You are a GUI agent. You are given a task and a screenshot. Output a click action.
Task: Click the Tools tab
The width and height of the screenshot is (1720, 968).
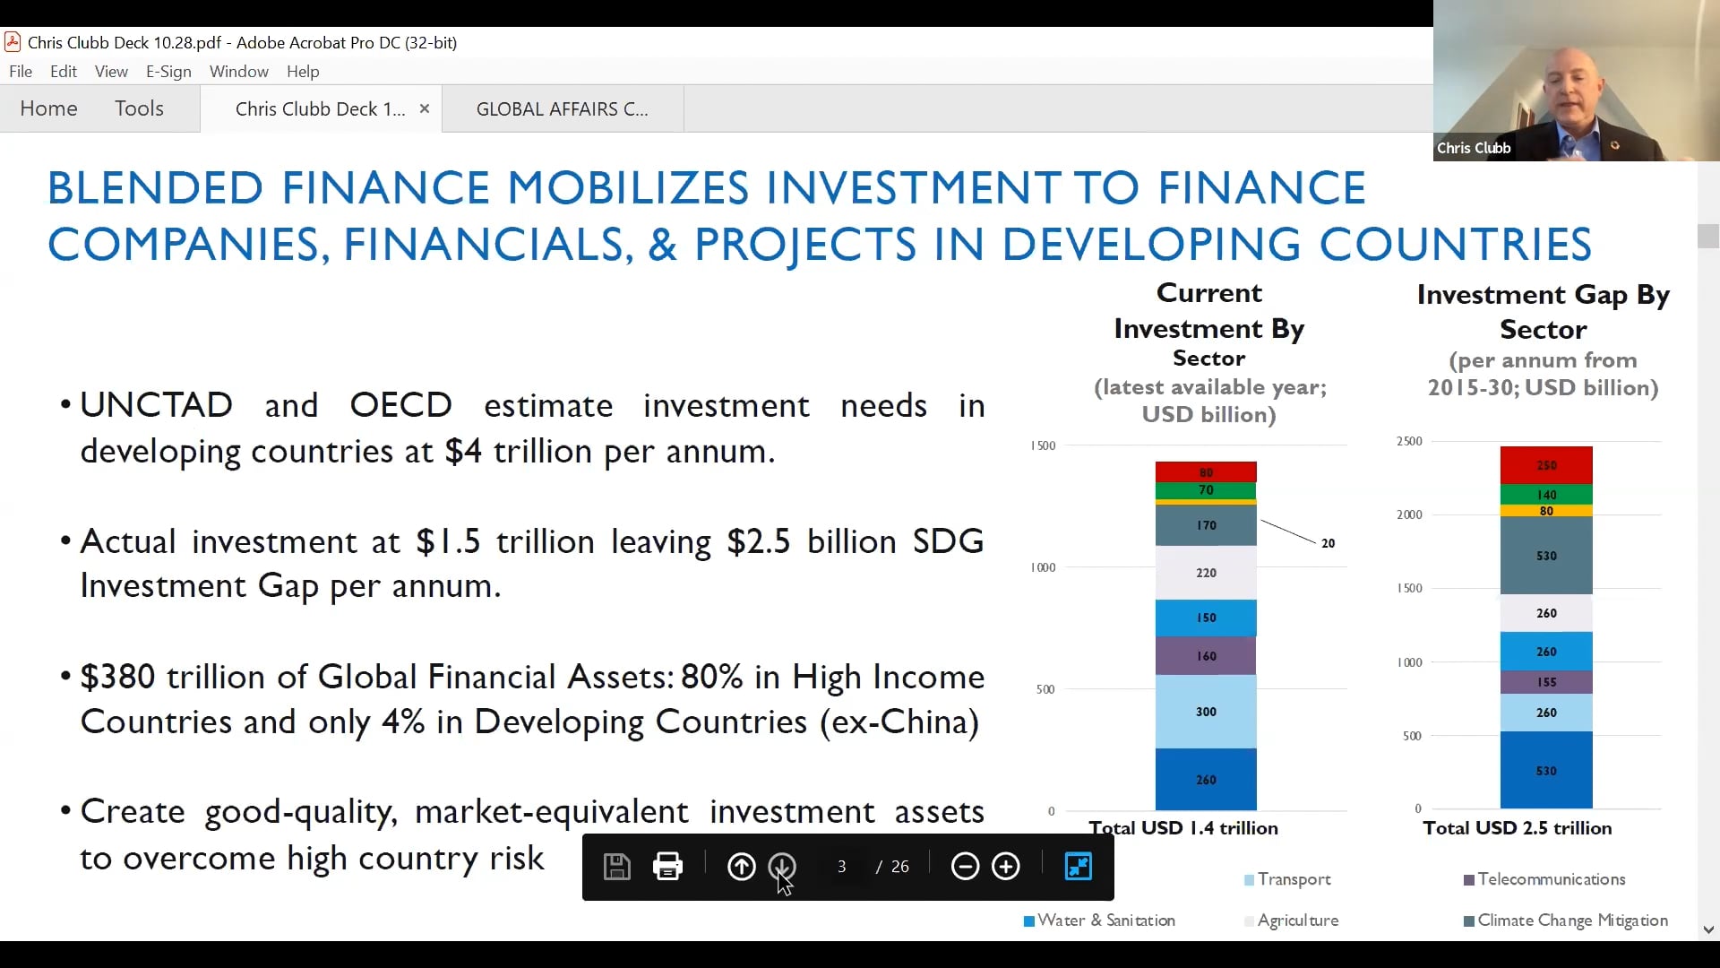[139, 108]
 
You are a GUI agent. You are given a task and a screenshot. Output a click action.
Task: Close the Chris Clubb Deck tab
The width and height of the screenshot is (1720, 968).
[425, 108]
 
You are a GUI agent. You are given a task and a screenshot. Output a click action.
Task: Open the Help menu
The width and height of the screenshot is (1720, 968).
[303, 72]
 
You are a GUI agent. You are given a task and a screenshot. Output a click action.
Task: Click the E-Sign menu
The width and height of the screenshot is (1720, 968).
[168, 72]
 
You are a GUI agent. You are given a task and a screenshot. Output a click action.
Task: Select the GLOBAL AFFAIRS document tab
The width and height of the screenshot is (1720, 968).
[562, 109]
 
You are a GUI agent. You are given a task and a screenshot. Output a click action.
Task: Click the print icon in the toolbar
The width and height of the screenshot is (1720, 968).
[667, 867]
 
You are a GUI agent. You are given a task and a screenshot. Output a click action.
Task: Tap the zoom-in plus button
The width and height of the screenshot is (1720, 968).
[1006, 867]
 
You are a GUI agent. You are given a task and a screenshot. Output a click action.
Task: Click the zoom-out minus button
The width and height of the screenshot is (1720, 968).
[965, 867]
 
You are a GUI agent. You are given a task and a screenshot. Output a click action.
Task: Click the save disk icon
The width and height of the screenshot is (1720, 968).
[617, 867]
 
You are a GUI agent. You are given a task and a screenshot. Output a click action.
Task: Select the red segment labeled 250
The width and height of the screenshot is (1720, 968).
[1546, 465]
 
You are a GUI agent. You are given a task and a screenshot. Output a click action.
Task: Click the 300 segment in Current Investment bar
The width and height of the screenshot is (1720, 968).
[1206, 712]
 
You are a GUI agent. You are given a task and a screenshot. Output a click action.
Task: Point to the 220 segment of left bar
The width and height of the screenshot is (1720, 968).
[1206, 573]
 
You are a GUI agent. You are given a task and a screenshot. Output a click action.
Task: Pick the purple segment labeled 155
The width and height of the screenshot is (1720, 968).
[1546, 682]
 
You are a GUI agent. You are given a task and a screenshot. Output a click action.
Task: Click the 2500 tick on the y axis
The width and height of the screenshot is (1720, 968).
[1409, 441]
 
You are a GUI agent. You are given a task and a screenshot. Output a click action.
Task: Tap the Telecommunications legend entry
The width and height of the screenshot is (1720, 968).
[1551, 879]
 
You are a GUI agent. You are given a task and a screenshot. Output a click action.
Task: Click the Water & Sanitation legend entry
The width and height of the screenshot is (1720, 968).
[1105, 920]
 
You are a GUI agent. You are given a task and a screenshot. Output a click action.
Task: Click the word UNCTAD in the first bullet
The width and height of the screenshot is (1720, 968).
[156, 405]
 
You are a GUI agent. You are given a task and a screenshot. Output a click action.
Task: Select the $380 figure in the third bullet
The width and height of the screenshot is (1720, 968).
[117, 677]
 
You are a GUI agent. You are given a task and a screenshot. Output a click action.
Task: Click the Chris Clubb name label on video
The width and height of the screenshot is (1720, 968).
[1474, 148]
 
